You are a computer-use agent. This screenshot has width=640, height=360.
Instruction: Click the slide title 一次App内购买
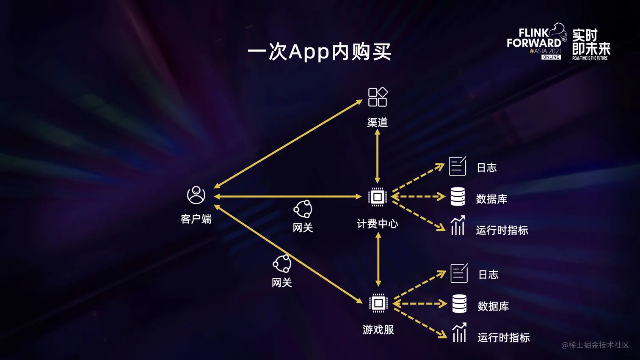click(320, 52)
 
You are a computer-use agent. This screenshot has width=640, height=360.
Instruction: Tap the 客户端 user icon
click(196, 195)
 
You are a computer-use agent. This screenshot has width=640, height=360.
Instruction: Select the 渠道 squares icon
click(378, 97)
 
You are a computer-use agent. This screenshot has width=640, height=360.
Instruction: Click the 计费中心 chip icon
click(377, 197)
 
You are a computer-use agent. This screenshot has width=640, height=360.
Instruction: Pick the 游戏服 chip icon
click(378, 303)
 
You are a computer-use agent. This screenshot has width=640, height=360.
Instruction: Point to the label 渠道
click(377, 123)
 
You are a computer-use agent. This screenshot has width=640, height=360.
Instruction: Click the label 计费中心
click(377, 224)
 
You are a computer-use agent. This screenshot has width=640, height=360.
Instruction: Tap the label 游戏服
click(378, 330)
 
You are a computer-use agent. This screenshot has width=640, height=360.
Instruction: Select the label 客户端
click(196, 219)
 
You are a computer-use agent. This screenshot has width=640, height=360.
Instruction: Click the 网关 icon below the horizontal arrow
click(303, 209)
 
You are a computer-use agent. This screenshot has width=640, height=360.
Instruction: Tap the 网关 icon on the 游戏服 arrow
click(282, 264)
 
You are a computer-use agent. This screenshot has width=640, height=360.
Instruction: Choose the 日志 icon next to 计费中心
click(458, 166)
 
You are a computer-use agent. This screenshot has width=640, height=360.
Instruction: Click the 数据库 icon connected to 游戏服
click(459, 304)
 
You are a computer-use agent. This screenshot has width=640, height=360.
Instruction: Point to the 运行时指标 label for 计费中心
click(502, 231)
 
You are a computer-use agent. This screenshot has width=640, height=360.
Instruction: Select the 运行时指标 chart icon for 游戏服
click(459, 333)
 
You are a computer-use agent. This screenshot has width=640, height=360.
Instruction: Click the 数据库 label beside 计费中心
click(491, 199)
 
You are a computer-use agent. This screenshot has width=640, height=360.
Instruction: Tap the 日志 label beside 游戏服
click(488, 275)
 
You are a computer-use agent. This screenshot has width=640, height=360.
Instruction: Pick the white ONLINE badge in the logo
click(551, 57)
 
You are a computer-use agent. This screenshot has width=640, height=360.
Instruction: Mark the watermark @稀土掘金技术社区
click(595, 345)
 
